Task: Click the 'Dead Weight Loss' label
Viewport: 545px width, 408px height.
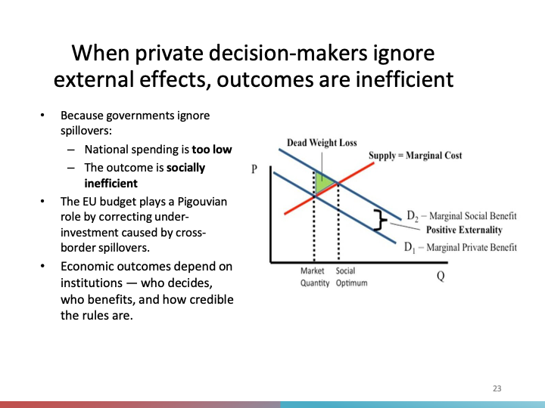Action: point(322,143)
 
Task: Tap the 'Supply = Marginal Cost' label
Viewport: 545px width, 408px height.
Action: point(415,156)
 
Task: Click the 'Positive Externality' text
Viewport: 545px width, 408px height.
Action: point(464,230)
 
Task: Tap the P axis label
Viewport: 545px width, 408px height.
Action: point(255,170)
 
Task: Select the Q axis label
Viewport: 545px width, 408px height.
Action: point(440,276)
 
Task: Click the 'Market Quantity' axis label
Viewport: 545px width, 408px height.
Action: point(313,277)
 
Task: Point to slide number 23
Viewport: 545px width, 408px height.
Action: point(497,388)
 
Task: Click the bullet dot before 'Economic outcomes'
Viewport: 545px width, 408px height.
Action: point(42,267)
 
